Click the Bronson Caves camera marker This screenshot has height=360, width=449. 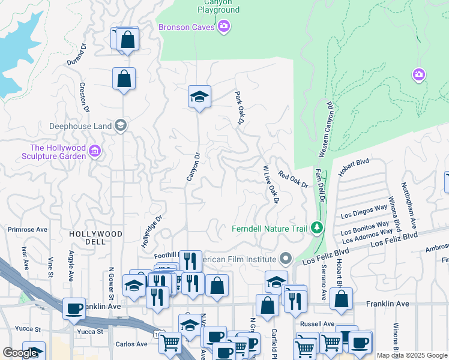click(x=224, y=26)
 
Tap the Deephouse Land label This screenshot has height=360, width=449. click(x=80, y=126)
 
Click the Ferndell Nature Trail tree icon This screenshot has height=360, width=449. click(x=317, y=228)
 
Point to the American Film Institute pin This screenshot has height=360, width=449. click(x=286, y=259)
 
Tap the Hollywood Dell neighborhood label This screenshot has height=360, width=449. click(x=95, y=238)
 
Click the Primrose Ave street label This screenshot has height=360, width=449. click(x=27, y=229)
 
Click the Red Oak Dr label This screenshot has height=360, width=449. click(x=293, y=179)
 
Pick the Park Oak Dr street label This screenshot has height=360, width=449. click(x=240, y=108)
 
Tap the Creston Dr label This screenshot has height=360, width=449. click(x=85, y=97)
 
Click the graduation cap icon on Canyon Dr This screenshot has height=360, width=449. click(x=199, y=96)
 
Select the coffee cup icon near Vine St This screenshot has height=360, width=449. click(x=74, y=308)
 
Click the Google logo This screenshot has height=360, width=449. click(x=20, y=353)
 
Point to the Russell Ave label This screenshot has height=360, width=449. click(x=312, y=323)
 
